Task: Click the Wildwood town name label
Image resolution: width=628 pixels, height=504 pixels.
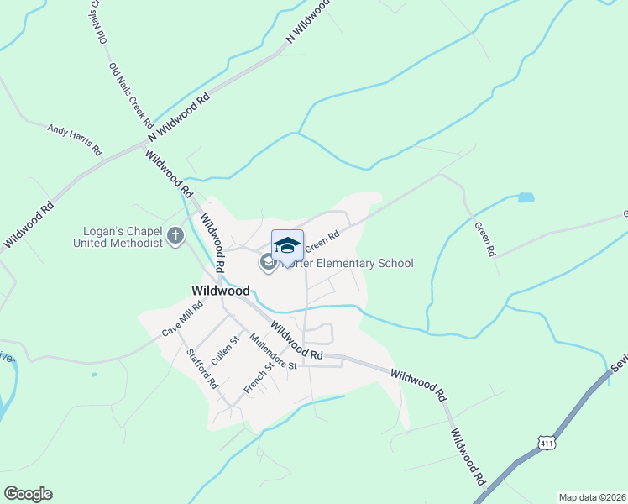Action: [x=221, y=291]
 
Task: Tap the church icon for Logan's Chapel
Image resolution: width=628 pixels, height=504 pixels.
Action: [x=175, y=236]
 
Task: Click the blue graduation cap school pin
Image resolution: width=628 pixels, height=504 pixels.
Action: [x=287, y=246]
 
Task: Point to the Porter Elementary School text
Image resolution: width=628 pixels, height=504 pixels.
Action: [x=352, y=264]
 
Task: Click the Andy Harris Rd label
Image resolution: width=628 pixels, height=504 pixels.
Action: [x=74, y=139]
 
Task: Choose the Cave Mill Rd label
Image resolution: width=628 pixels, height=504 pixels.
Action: [x=183, y=322]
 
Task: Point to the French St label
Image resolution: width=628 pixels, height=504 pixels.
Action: [x=259, y=377]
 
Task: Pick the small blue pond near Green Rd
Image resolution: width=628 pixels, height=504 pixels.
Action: [x=526, y=198]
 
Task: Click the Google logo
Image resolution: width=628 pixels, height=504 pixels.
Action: [x=28, y=494]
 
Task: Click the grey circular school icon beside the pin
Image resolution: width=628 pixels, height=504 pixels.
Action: [x=268, y=263]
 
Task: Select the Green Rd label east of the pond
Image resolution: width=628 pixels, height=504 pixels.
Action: [x=485, y=238]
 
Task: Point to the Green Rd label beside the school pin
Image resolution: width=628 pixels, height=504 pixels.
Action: [x=322, y=241]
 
